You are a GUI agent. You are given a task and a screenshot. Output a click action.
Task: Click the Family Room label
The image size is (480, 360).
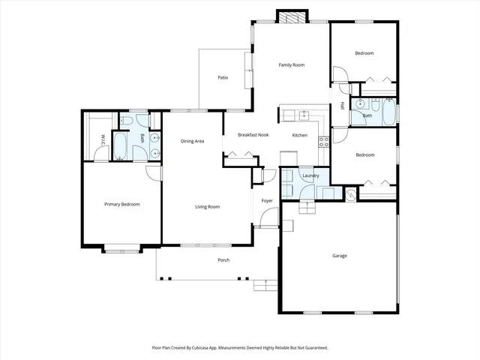pos(291,65)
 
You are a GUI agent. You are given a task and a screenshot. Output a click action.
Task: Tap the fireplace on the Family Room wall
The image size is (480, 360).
pos(291,17)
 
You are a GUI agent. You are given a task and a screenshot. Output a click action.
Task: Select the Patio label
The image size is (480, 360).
pos(223,77)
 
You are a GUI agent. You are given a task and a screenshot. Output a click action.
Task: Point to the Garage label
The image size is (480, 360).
pos(340,256)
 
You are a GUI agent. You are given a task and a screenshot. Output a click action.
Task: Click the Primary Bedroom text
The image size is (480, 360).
pos(121,204)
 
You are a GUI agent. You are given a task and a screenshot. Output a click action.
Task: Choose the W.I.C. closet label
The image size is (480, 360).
pos(103,139)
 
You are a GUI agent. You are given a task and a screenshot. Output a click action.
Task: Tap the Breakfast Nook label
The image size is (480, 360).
pos(253,135)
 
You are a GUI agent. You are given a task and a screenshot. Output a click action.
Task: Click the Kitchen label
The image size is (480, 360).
pos(299,135)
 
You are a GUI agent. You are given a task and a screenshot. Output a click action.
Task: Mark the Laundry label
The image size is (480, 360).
pos(310,176)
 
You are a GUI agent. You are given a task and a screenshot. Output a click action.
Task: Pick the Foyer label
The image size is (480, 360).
pos(266,201)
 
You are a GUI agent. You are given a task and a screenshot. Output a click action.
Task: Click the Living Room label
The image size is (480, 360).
pos(207,206)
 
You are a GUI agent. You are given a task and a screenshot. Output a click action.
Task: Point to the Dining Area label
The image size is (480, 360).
pos(193,141)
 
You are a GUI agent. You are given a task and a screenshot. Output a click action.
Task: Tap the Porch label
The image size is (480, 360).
pos(223,260)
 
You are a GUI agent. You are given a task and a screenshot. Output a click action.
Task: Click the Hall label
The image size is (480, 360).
pos(342,106)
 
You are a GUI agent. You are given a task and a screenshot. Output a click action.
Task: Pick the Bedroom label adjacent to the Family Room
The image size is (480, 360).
pos(364,53)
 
